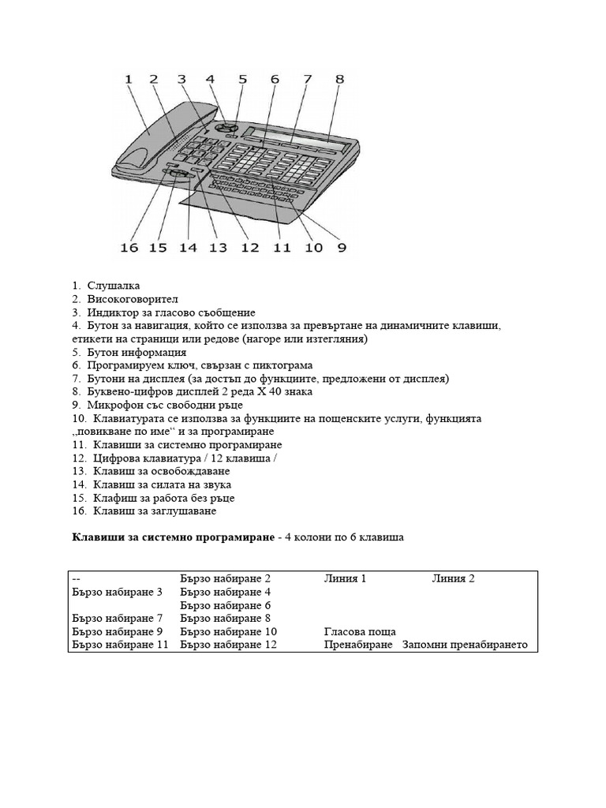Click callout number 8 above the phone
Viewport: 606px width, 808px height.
pyautogui.click(x=339, y=79)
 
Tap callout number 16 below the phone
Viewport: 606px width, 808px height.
pyautogui.click(x=129, y=248)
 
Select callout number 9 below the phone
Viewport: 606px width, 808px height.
pyautogui.click(x=342, y=248)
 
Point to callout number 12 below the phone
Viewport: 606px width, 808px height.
pyautogui.click(x=249, y=248)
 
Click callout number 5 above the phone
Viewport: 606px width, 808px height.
pyautogui.click(x=242, y=79)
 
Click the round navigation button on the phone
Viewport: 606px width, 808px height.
pyautogui.click(x=227, y=126)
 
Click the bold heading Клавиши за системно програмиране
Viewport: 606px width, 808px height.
pyautogui.click(x=166, y=537)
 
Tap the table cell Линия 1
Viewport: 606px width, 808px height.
pyautogui.click(x=345, y=579)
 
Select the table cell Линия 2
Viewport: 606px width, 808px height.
pyautogui.click(x=453, y=579)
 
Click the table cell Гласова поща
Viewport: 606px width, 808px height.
pyautogui.click(x=360, y=632)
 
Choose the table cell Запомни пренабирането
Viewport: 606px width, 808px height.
pyautogui.click(x=464, y=645)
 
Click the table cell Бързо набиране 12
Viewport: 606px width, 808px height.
pyautogui.click(x=228, y=645)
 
